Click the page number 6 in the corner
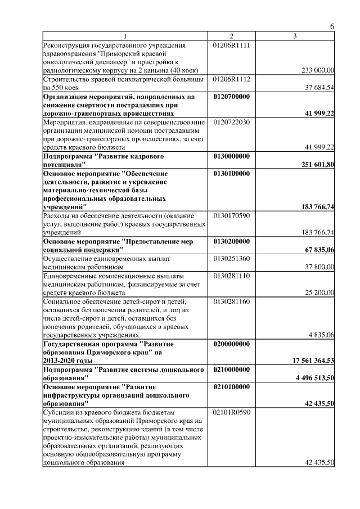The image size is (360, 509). coord(332,27)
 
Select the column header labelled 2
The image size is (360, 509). coord(231,37)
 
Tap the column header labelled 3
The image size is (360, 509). coord(294,37)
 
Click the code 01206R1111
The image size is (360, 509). coord(232,44)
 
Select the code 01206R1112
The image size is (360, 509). coord(232,79)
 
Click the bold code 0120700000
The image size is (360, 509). coord(232,97)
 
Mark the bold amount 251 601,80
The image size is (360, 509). coord(317,165)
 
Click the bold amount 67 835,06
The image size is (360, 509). coord(318,250)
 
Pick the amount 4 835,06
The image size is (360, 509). coord(321,335)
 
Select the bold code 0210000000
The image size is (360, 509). coord(232,370)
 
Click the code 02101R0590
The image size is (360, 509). coord(232,412)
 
